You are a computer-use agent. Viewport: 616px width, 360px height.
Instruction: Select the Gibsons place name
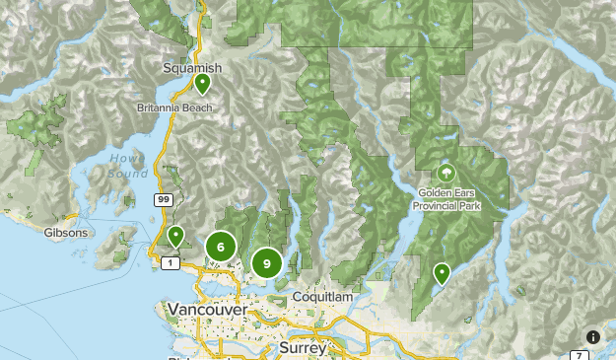67,233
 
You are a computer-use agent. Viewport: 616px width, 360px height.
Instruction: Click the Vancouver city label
207,310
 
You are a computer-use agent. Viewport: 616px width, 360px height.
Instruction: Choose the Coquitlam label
322,297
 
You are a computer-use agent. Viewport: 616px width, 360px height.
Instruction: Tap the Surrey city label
303,348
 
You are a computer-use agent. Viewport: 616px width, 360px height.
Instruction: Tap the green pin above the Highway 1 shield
175,235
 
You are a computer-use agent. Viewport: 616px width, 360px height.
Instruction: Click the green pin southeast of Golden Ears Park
443,272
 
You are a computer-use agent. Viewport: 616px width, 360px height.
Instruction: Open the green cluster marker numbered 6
221,248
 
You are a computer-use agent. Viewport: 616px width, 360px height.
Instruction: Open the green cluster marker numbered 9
266,263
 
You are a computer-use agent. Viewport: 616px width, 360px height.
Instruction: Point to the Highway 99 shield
159,199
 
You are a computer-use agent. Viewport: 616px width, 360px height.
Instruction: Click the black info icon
593,337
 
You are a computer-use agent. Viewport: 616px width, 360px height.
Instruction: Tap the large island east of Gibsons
123,237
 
